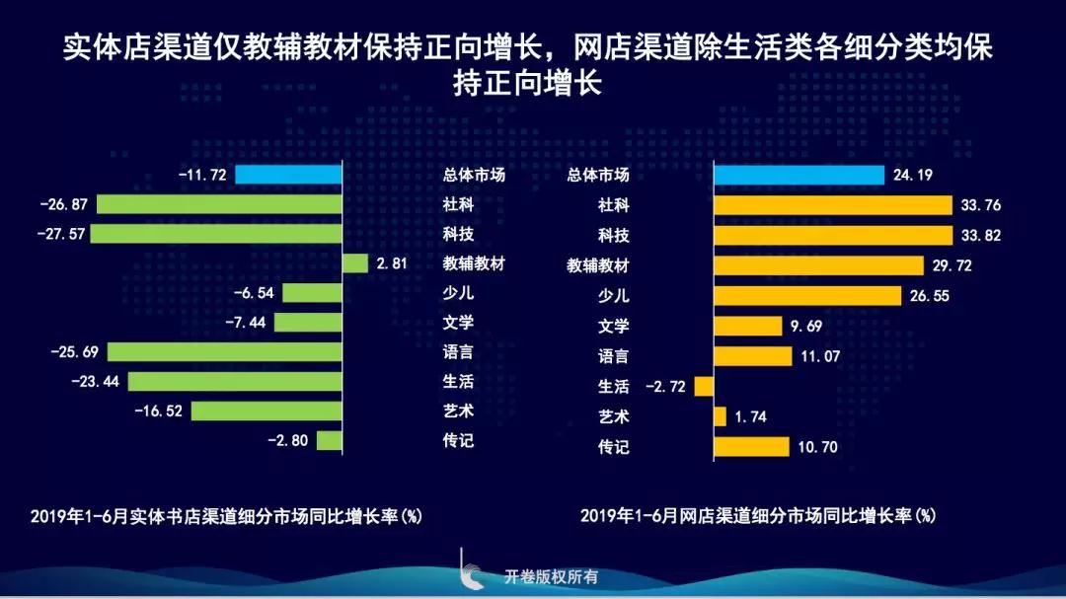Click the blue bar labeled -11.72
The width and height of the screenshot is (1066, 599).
[288, 175]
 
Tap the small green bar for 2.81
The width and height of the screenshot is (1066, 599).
[354, 263]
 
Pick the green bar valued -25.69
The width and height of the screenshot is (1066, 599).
[224, 352]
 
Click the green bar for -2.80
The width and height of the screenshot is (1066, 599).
[329, 440]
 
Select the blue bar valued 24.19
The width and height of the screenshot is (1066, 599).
[799, 176]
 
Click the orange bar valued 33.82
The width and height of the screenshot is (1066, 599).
[832, 236]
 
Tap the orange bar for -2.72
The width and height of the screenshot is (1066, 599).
[704, 386]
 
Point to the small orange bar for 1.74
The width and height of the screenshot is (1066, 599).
[720, 416]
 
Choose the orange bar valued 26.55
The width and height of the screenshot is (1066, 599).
[807, 296]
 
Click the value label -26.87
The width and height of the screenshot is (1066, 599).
[64, 205]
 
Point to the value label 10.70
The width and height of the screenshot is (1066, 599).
[815, 447]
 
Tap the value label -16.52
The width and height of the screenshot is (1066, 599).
[158, 412]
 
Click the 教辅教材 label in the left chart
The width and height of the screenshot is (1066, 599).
[474, 263]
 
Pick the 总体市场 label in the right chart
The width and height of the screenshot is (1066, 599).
[598, 176]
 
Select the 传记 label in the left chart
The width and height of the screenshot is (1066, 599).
[458, 440]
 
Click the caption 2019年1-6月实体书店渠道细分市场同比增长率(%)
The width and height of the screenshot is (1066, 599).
[226, 516]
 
